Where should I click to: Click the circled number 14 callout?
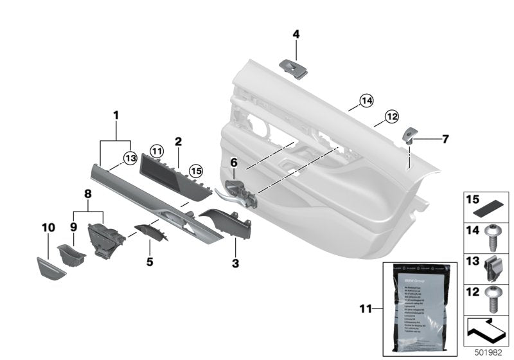[x=366, y=100]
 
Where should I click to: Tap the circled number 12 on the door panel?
[x=391, y=116]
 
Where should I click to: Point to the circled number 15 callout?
[x=195, y=170]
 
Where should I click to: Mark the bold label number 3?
[x=235, y=263]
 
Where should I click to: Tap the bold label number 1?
[x=116, y=115]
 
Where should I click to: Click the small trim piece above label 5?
[x=152, y=231]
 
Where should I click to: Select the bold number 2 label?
[x=178, y=141]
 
